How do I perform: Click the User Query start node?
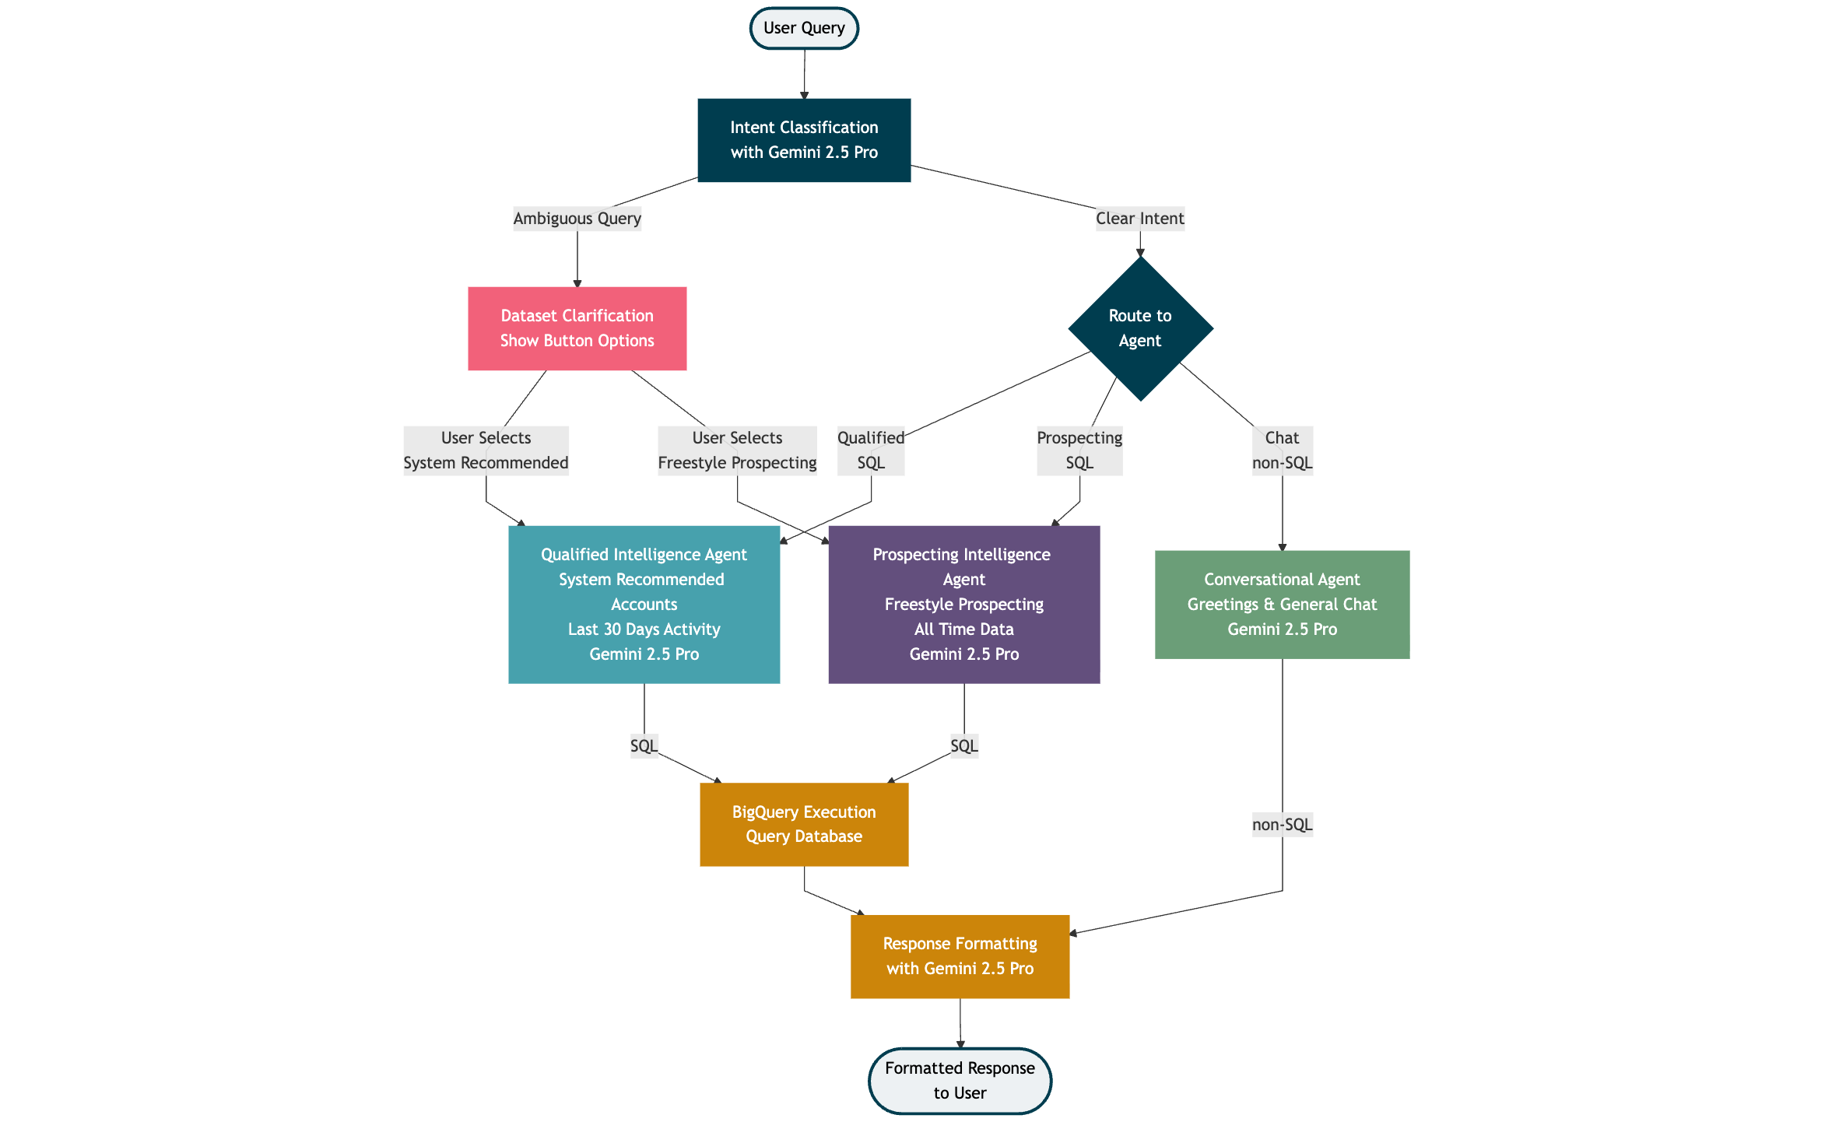(x=804, y=29)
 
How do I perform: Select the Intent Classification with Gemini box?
(x=804, y=140)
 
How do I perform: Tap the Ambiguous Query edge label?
(x=577, y=219)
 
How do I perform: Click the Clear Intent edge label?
(x=1139, y=219)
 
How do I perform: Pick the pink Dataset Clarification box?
(x=577, y=328)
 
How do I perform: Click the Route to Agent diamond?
(x=1139, y=328)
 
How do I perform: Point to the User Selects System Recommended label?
(x=486, y=451)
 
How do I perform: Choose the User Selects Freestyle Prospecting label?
(x=737, y=451)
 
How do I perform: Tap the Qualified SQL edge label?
(x=871, y=451)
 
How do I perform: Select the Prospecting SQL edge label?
(x=1079, y=451)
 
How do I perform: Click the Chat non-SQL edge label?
(x=1282, y=451)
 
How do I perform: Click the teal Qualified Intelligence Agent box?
(x=644, y=605)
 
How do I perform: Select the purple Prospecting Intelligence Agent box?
(x=963, y=605)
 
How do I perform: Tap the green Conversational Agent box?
(x=1282, y=605)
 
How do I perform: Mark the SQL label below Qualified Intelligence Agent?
(x=644, y=746)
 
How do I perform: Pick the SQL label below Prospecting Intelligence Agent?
(x=963, y=746)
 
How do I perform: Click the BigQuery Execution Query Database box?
(x=804, y=824)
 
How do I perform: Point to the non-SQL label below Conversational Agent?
(x=1282, y=825)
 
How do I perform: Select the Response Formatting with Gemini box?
(x=960, y=956)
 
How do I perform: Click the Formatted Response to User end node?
(x=960, y=1081)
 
